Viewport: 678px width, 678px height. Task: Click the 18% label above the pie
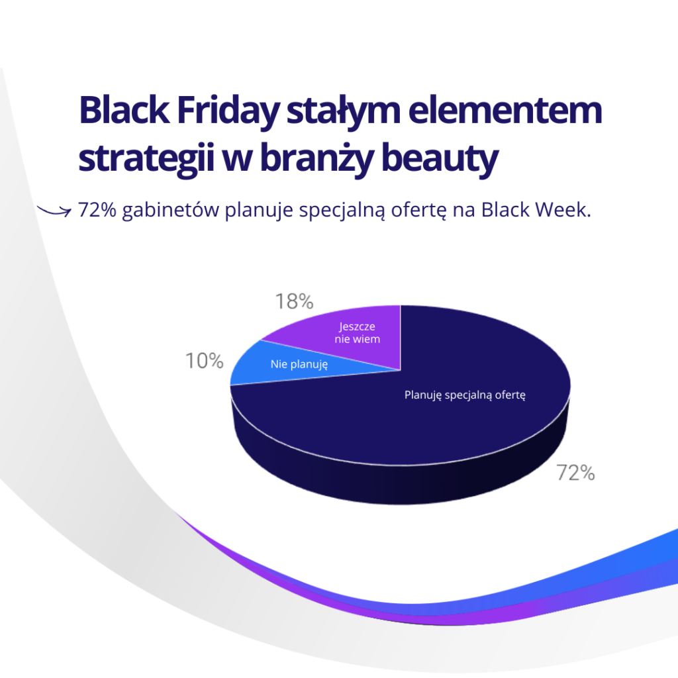pyautogui.click(x=294, y=301)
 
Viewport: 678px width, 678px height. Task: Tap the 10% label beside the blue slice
pyautogui.click(x=204, y=361)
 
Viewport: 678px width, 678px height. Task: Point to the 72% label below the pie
pyautogui.click(x=575, y=473)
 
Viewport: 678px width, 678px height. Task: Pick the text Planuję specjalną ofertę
pyautogui.click(x=465, y=395)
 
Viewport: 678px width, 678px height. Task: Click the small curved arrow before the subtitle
pyautogui.click(x=54, y=211)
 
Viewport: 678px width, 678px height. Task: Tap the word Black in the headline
pyautogui.click(x=124, y=111)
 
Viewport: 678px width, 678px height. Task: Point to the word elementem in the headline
pyautogui.click(x=505, y=111)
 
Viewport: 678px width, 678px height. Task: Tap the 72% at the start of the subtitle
pyautogui.click(x=97, y=210)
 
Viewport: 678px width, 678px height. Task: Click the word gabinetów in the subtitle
pyautogui.click(x=171, y=211)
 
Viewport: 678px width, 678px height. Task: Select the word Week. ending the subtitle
pyautogui.click(x=563, y=210)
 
